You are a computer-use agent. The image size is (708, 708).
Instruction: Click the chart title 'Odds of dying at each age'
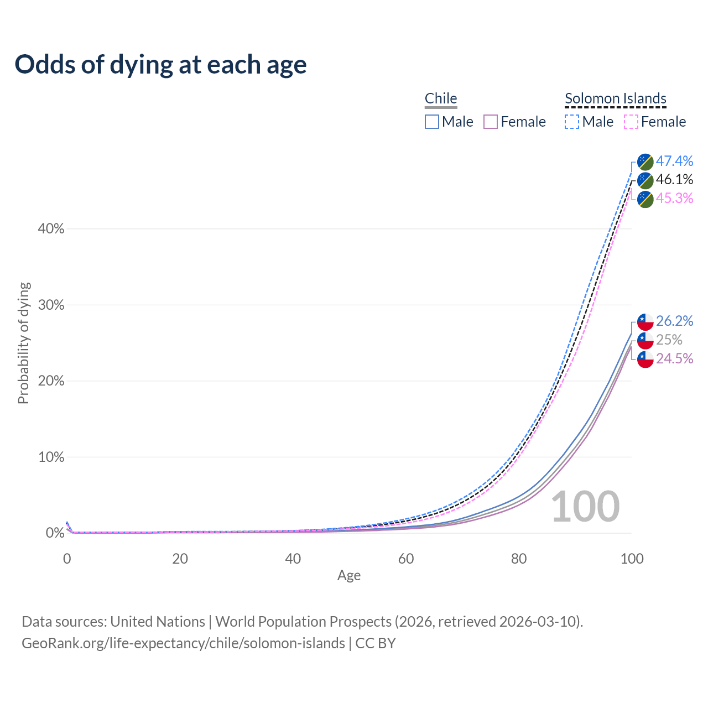(x=160, y=65)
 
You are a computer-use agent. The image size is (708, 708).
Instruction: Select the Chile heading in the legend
(x=441, y=98)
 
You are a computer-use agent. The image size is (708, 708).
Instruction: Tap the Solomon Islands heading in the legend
(x=616, y=98)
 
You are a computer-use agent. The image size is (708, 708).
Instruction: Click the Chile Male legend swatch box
(x=432, y=122)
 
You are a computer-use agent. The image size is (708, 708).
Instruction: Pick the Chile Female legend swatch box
(x=491, y=122)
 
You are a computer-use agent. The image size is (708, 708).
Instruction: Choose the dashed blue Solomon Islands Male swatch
(x=572, y=122)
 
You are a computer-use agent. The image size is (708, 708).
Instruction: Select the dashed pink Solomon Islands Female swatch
(x=631, y=122)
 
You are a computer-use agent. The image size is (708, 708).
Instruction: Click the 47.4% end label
(x=674, y=161)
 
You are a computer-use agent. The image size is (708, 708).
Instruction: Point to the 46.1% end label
(x=674, y=180)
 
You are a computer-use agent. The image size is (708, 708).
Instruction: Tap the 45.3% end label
(x=674, y=198)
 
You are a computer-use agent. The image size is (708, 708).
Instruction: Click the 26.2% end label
(x=674, y=321)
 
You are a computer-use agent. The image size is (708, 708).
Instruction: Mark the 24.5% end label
(x=674, y=358)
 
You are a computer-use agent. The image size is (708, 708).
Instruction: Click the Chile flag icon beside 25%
(x=645, y=340)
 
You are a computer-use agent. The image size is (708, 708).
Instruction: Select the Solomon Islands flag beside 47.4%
(x=645, y=162)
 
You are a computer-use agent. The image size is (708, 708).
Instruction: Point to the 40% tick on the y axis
(x=51, y=229)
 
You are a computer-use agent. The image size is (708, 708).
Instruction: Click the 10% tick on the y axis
(x=51, y=457)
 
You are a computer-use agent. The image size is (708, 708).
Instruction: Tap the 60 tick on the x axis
(x=406, y=559)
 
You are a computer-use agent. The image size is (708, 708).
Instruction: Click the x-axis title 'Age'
(x=349, y=576)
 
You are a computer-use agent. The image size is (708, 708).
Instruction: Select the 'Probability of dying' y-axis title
(x=23, y=343)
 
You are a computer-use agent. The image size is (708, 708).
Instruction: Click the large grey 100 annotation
(x=585, y=507)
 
